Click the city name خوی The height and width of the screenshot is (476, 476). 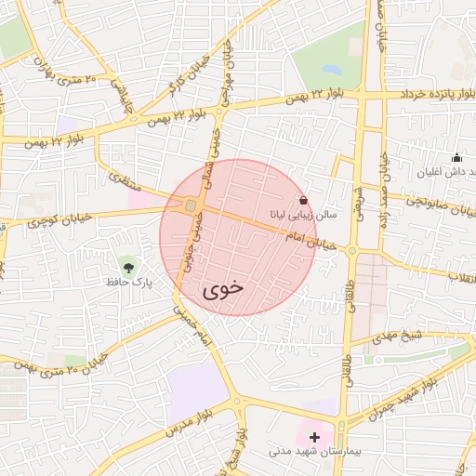[x=223, y=287]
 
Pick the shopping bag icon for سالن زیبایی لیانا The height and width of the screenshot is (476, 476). [x=303, y=199]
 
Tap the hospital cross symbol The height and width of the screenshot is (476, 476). [x=314, y=436]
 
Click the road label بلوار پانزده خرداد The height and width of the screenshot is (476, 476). [x=432, y=95]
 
